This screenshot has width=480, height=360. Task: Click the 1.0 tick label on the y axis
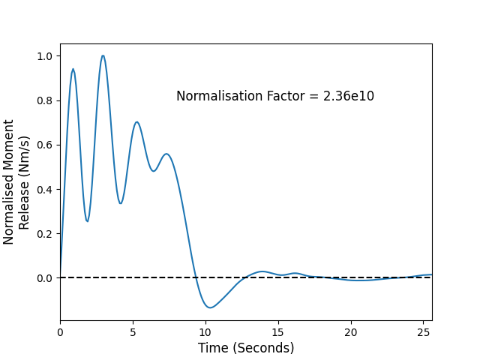(45, 56)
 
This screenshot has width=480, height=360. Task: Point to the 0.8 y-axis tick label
(45, 100)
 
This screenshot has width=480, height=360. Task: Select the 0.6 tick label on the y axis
(45, 145)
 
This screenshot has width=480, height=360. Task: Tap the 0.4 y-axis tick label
(45, 190)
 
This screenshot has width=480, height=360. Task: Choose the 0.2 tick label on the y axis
(45, 234)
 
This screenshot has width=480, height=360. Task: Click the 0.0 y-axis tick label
(45, 278)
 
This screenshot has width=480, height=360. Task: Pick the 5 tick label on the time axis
(133, 332)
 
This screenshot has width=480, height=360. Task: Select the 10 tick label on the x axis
(205, 332)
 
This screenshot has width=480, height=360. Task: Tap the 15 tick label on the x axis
(278, 332)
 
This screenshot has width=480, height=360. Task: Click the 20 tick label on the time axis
(351, 332)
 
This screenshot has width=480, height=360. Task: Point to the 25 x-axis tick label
(423, 332)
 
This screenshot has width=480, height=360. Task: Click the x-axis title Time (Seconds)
(246, 348)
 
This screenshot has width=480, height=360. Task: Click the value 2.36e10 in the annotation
(349, 96)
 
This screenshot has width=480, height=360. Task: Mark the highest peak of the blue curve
(103, 55)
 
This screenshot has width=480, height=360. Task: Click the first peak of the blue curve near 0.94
(73, 69)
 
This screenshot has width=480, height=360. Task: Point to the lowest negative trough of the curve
(210, 307)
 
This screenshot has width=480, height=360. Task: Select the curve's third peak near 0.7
(136, 122)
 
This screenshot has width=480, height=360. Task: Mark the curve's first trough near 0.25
(87, 221)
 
